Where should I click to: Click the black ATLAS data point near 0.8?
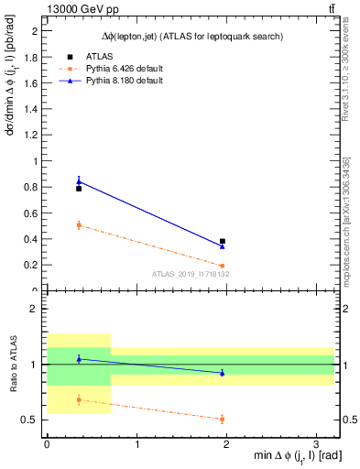pos(79,188)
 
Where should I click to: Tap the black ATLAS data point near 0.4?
pos(223,241)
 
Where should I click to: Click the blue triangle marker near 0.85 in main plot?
pos(79,180)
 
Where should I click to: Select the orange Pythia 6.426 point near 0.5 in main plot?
pos(79,224)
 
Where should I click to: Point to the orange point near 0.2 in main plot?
pos(223,266)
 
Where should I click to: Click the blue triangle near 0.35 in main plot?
pos(223,245)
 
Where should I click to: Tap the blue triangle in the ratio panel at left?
pos(79,359)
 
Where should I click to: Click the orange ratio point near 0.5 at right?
pos(223,419)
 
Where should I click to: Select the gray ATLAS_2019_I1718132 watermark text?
pos(191,274)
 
